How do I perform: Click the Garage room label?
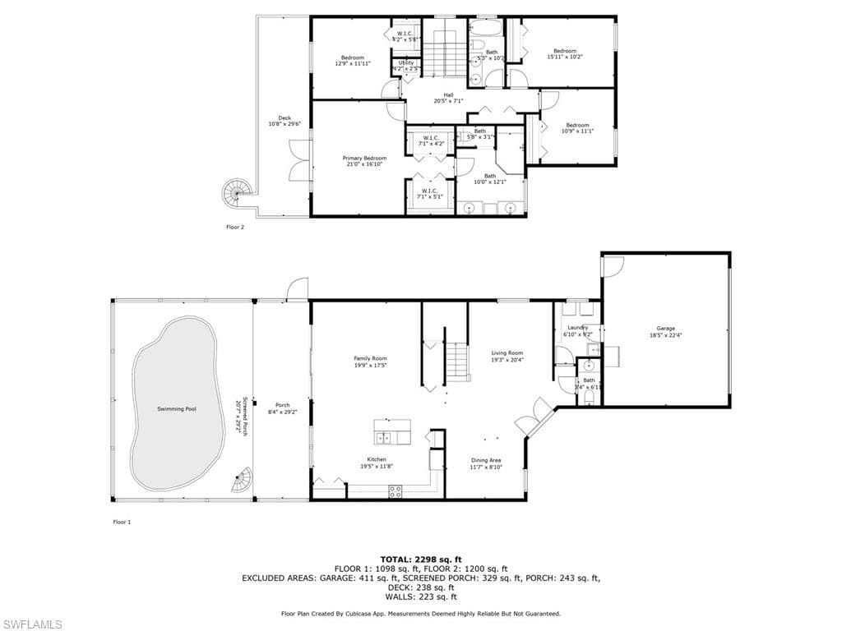pos(665,332)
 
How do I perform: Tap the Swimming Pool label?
pos(177,408)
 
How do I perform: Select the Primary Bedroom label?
pos(364,161)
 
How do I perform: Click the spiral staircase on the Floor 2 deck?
pos(233,194)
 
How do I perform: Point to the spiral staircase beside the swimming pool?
pos(242,480)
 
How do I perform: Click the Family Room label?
pos(370,362)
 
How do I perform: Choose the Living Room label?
pos(507,356)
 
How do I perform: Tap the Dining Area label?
pos(486,463)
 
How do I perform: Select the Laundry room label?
pos(577,331)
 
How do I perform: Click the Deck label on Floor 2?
pos(285,121)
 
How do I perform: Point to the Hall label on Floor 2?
pos(448,98)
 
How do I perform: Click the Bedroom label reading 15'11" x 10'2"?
pos(565,54)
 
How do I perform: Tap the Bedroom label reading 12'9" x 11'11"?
pos(353,60)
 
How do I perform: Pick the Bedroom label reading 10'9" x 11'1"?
pos(577,128)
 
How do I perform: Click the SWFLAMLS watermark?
pos(32,624)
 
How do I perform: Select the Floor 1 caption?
pos(121,522)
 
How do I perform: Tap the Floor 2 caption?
pos(235,227)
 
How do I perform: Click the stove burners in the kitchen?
pos(395,491)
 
